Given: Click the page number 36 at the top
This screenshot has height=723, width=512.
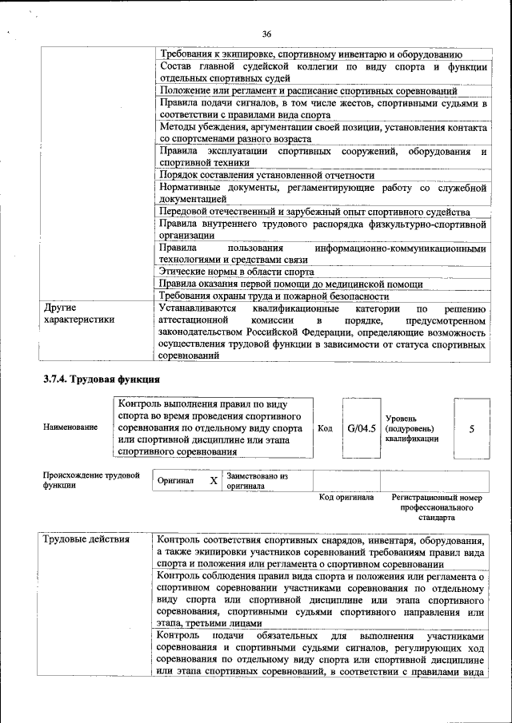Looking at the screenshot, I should [x=266, y=34].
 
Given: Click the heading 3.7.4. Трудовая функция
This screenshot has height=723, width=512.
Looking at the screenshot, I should [x=102, y=379].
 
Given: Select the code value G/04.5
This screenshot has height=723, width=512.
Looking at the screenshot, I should [x=362, y=428].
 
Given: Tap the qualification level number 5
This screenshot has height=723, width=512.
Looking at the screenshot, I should [x=471, y=429].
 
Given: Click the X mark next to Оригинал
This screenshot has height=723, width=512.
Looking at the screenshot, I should [x=213, y=481].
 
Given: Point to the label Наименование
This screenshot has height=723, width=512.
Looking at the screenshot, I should [x=71, y=427].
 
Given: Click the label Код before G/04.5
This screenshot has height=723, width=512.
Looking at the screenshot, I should [x=325, y=428].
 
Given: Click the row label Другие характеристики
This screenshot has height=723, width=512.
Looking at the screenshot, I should [x=78, y=313].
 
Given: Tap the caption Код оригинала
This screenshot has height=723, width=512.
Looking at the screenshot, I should [x=346, y=497].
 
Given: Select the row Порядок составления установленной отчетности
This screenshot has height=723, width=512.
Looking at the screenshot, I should [x=266, y=175].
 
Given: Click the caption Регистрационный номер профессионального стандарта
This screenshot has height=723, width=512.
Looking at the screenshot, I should [x=437, y=506].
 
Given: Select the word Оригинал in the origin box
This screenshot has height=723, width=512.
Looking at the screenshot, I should [x=176, y=481].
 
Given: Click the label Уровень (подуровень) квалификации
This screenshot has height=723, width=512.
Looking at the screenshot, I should [x=412, y=428].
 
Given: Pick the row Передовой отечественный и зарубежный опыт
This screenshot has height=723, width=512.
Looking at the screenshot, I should [x=314, y=212].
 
